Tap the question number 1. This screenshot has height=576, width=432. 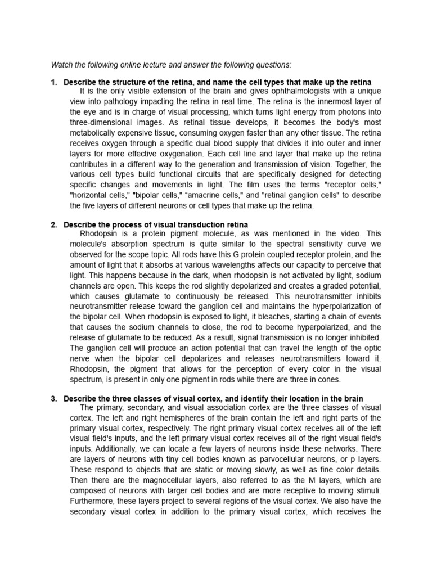coord(53,83)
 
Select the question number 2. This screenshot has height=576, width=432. coord(53,225)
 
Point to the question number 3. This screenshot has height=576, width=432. coord(53,399)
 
